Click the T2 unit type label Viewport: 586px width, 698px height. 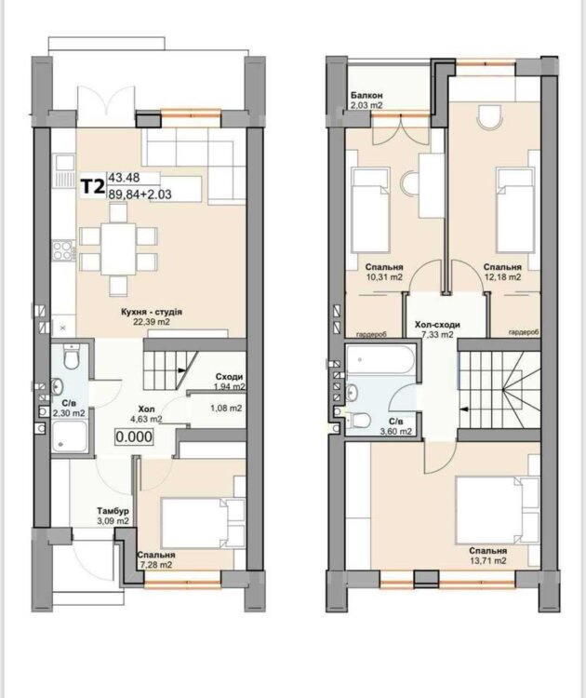(92, 186)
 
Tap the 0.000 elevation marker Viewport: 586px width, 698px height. (134, 436)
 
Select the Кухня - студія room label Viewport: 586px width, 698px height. (152, 312)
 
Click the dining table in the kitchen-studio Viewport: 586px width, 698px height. (118, 248)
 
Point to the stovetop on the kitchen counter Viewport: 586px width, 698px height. (61, 248)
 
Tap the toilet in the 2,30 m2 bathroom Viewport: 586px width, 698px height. (72, 356)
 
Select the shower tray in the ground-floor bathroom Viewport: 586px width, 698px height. (69, 436)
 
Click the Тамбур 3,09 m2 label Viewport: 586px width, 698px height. (113, 516)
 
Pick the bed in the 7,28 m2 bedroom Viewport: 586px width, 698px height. (203, 523)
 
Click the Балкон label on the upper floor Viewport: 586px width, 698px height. (366, 95)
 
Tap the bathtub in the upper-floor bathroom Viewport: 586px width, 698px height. (380, 359)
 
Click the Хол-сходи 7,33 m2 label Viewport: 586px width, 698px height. (437, 329)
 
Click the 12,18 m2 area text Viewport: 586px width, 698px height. (502, 276)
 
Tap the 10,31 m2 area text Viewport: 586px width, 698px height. (384, 276)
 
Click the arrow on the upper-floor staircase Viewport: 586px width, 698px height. (465, 409)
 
